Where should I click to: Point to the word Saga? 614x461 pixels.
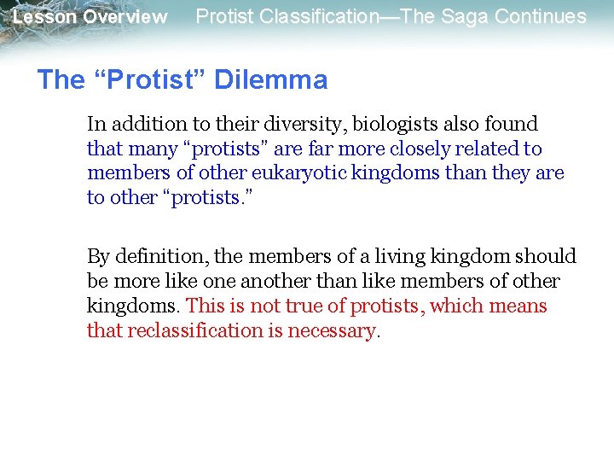click(x=467, y=16)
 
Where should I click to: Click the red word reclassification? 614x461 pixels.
click(x=193, y=331)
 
